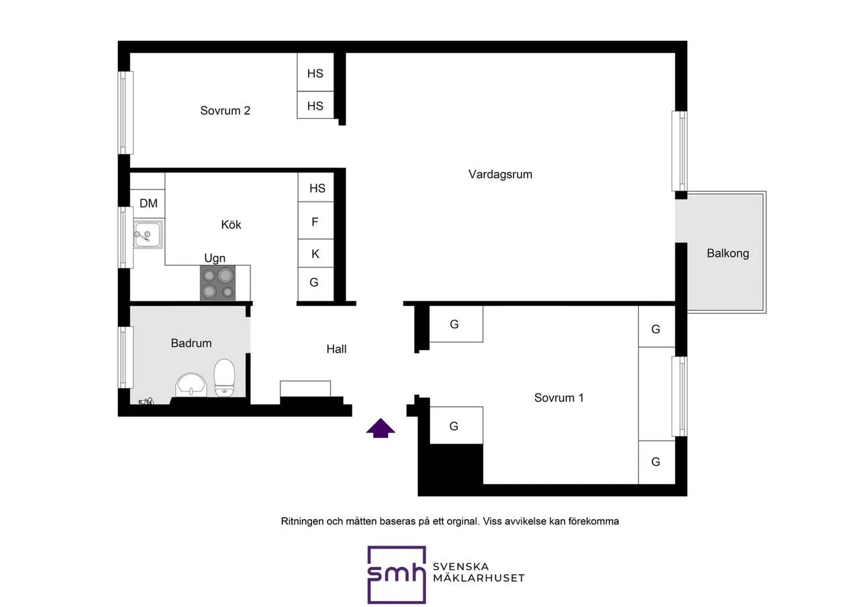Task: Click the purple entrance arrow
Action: tap(381, 428)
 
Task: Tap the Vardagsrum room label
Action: tap(500, 175)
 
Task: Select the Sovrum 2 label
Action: tap(225, 111)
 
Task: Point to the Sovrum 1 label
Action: tap(559, 398)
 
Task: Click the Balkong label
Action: tap(728, 254)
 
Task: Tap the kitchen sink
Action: tap(148, 234)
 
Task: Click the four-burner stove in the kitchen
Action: tap(218, 283)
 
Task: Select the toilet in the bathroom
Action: tap(224, 377)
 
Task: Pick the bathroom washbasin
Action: tap(191, 385)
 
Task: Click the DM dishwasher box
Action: tap(148, 203)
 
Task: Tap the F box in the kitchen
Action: tap(315, 221)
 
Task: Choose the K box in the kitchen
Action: tap(315, 253)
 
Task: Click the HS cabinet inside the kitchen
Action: tap(316, 187)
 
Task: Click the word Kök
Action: tap(231, 224)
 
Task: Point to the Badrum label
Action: tap(191, 343)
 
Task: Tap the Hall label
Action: tap(336, 349)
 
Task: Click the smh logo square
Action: tap(397, 575)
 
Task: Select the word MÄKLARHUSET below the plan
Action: tap(478, 578)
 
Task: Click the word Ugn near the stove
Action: tap(215, 259)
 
